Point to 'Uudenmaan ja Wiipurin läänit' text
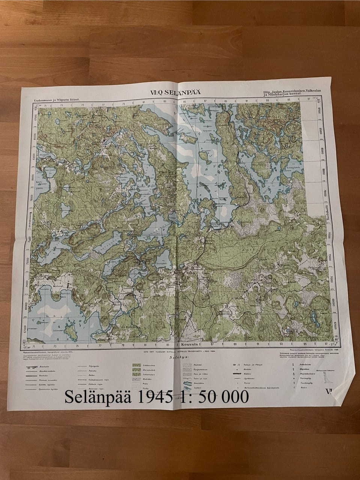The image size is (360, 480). pos(57,100)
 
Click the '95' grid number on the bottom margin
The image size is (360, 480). pos(305,343)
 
